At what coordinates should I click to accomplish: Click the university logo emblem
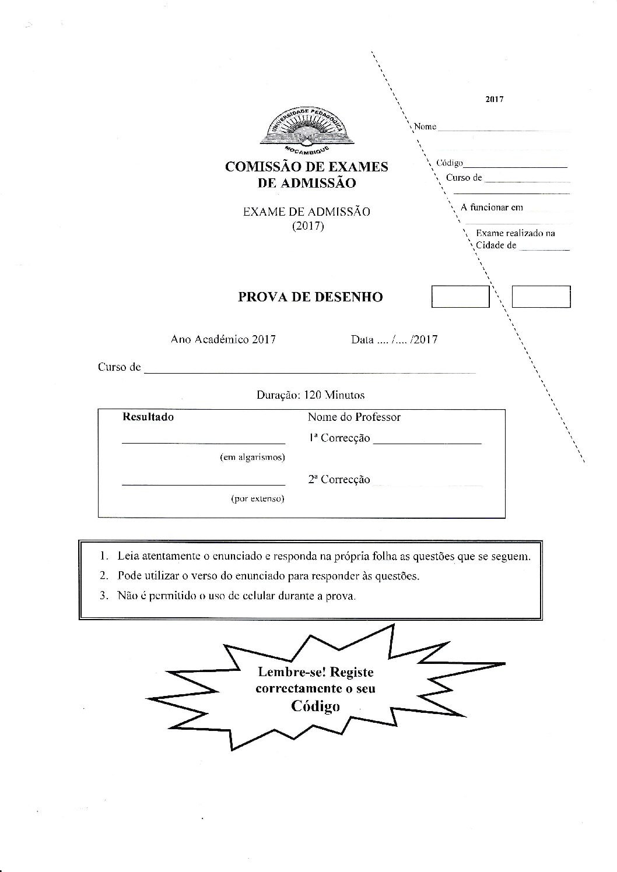point(305,131)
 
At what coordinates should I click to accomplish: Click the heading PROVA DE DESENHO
point(310,297)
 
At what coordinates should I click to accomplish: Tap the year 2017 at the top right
point(494,99)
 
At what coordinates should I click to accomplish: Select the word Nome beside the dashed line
point(425,126)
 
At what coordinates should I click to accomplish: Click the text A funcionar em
point(492,207)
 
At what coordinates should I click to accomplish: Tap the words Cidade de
point(496,245)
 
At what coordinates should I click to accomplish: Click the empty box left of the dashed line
point(460,297)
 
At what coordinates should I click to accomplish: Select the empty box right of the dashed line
point(541,297)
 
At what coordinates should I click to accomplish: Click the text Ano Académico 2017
point(223,339)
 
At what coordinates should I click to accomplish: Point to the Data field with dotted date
point(394,339)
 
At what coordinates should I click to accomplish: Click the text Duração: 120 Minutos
point(310,395)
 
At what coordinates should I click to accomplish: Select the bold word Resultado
point(148,417)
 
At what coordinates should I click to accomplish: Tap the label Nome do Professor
point(354,417)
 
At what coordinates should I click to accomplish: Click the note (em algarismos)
point(252,458)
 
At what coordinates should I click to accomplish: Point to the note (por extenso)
point(257,499)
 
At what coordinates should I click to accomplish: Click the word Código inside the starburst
point(315,706)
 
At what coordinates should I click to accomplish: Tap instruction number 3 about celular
point(236,596)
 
